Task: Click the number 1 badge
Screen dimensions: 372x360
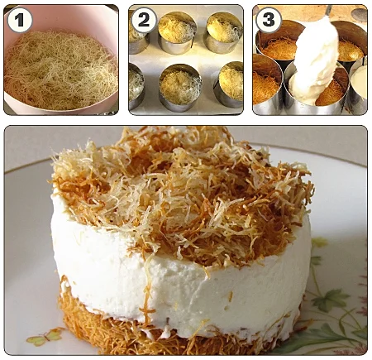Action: point(20,20)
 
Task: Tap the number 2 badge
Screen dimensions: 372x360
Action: point(144,20)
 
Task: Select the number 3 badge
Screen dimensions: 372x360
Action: point(269,20)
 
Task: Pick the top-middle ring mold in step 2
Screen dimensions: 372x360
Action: point(177,32)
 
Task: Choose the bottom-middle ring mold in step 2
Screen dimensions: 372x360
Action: point(180,88)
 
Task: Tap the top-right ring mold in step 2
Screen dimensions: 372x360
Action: point(223,32)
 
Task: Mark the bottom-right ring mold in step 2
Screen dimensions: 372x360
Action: point(229,84)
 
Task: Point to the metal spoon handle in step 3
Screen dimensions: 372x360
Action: point(328,10)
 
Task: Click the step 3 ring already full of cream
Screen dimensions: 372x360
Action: point(358,85)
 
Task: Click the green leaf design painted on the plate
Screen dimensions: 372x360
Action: point(331,300)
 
